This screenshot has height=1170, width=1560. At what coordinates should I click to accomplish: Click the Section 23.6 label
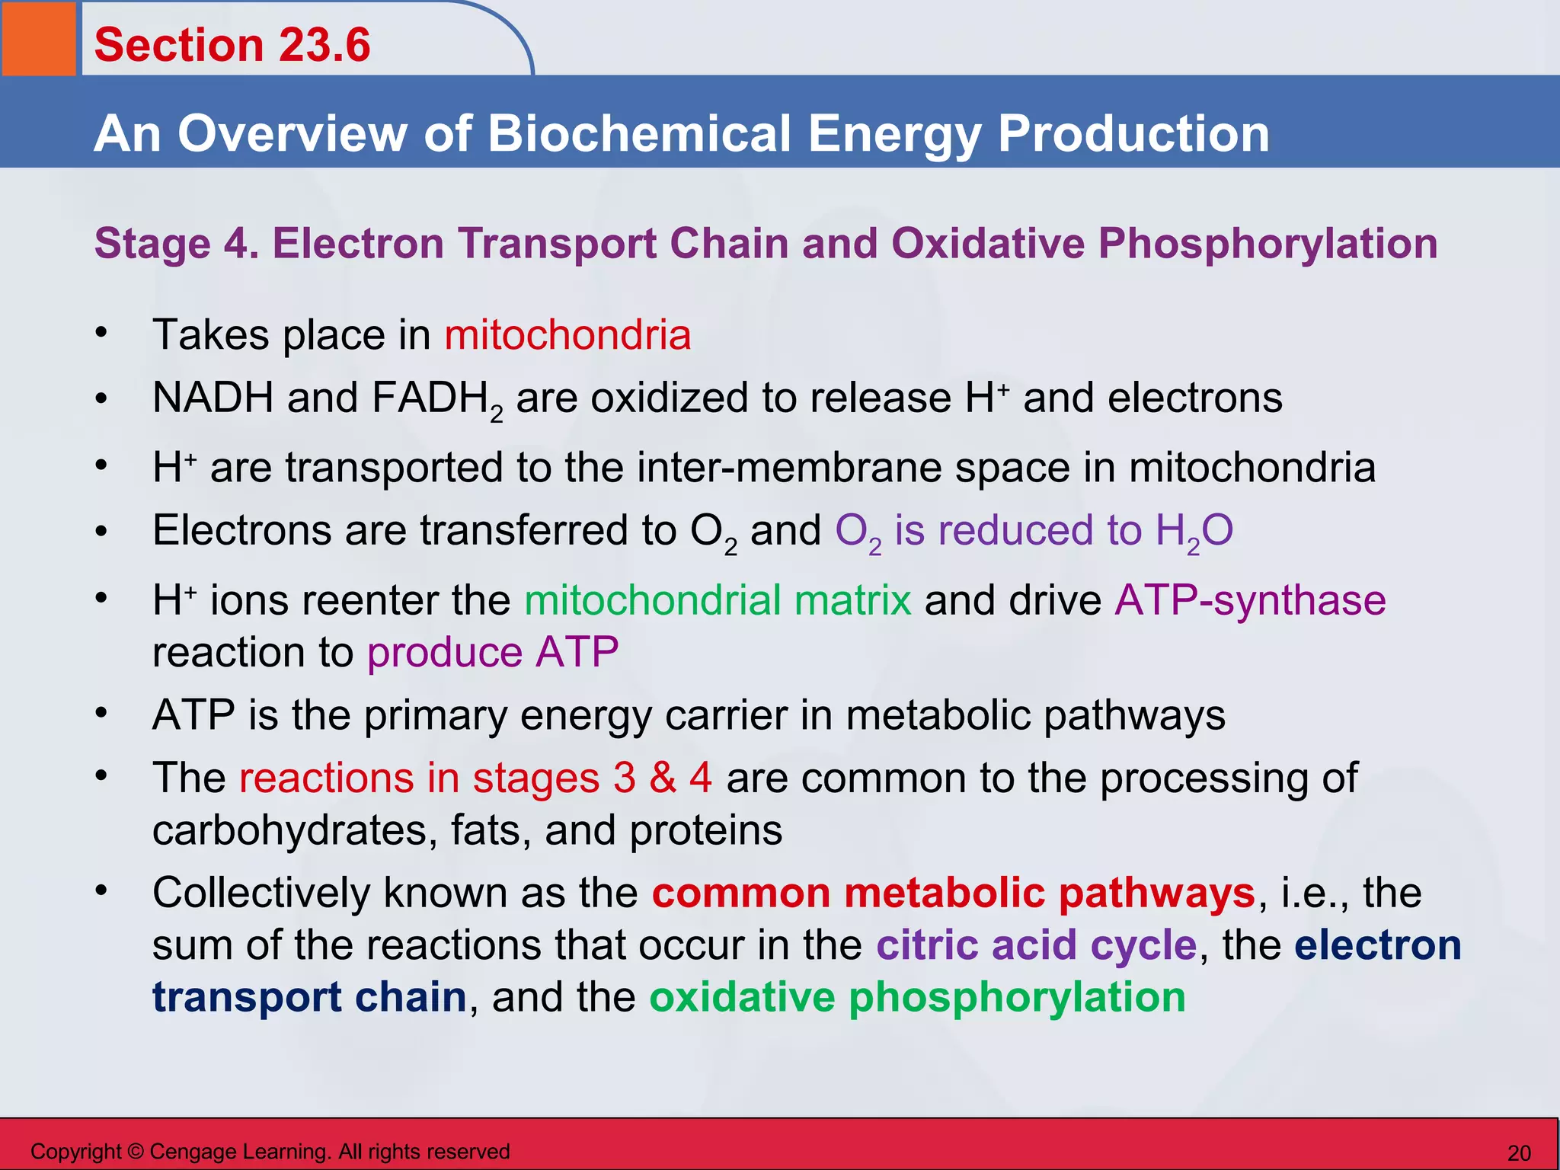(232, 44)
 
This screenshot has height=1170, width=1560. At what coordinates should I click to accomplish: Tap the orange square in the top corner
(38, 38)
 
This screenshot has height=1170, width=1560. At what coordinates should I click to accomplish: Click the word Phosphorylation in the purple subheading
(1267, 244)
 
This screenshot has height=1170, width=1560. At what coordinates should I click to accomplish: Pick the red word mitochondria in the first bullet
(567, 335)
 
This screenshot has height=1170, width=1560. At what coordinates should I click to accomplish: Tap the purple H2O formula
(1194, 531)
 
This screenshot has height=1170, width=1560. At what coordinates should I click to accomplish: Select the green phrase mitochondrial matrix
(718, 600)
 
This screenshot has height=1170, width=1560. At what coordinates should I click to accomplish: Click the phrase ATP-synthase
(1250, 600)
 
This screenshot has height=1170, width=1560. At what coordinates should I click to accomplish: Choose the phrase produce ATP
(493, 653)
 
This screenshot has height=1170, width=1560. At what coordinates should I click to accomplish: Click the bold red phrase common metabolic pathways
(953, 893)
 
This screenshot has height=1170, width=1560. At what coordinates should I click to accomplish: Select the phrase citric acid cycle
(1036, 945)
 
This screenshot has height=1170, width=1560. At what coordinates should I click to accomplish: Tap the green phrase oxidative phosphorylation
(917, 997)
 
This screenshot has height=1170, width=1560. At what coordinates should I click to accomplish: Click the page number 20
(1519, 1152)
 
